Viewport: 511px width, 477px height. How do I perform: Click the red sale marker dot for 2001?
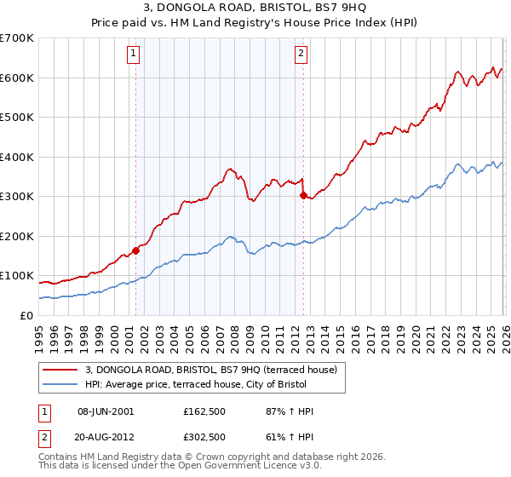[135, 251]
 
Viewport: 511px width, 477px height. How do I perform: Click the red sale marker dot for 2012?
[302, 195]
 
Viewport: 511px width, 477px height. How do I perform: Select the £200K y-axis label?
[17, 236]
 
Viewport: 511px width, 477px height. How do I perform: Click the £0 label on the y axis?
[26, 315]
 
